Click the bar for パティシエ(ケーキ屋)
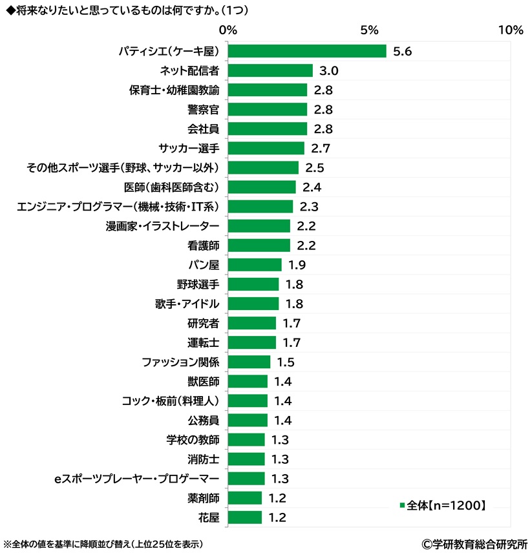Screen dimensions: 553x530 pyautogui.click(x=307, y=51)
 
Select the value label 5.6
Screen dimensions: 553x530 pyautogui.click(x=403, y=51)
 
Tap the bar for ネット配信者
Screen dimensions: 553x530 pyautogui.click(x=270, y=70)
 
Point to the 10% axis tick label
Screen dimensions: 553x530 pyautogui.click(x=511, y=30)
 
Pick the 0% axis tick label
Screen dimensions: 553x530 pyautogui.click(x=228, y=30)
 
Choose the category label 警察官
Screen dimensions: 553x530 pyautogui.click(x=202, y=109)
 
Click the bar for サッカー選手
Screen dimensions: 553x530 pyautogui.click(x=266, y=149)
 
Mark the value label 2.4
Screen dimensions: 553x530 pyautogui.click(x=312, y=187)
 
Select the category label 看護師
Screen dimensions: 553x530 pyautogui.click(x=202, y=245)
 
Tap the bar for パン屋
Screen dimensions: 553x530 pyautogui.click(x=255, y=265)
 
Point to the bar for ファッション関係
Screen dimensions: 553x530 pyautogui.click(x=249, y=362)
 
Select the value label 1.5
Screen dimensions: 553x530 pyautogui.click(x=286, y=362)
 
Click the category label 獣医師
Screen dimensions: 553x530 pyautogui.click(x=202, y=381)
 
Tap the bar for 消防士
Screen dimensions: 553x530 pyautogui.click(x=246, y=459)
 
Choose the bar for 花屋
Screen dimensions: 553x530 pyautogui.click(x=245, y=517)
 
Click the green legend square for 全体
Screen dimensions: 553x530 pyautogui.click(x=402, y=505)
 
